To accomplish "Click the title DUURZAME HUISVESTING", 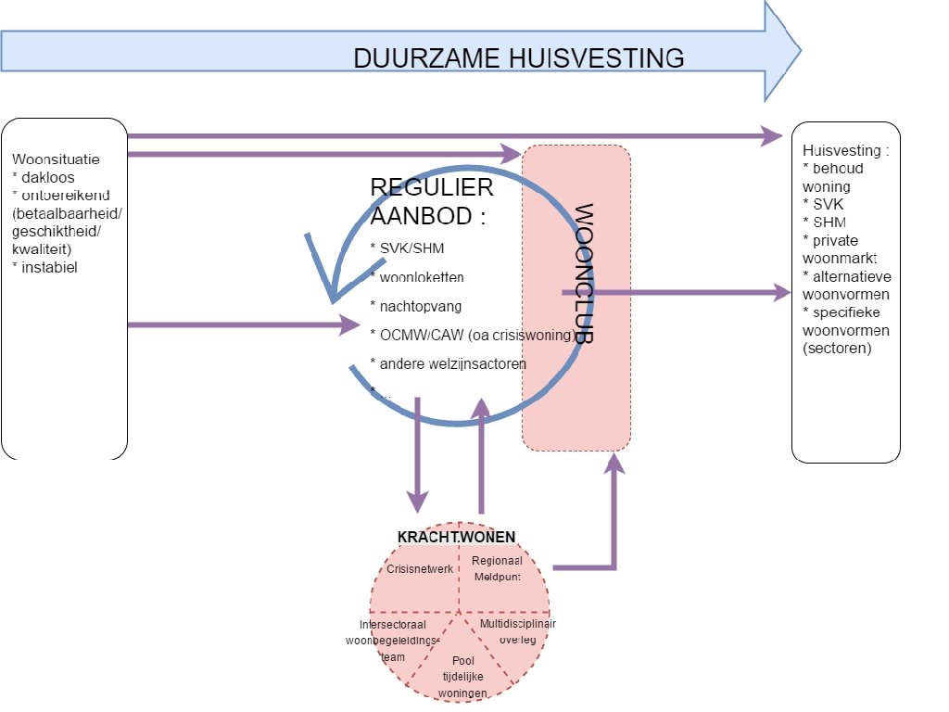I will pos(519,58).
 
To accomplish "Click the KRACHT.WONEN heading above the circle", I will pos(456,537).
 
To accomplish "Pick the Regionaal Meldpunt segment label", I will pos(497,568).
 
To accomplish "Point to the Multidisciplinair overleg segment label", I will pos(517,631).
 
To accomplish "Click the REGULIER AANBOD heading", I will pos(431,199).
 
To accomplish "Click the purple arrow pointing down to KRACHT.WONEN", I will pos(418,454).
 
